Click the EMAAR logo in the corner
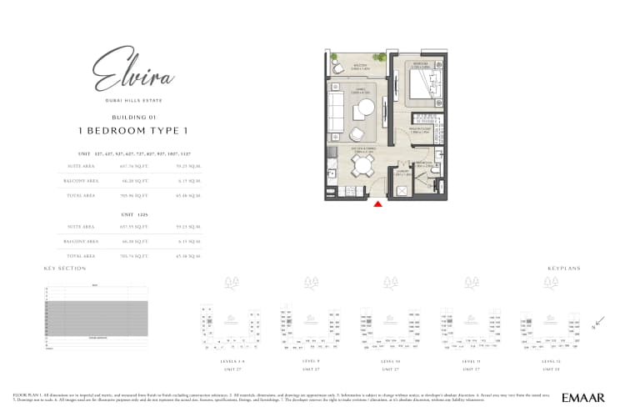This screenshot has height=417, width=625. tap(583, 398)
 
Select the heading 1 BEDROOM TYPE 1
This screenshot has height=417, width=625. tap(133, 131)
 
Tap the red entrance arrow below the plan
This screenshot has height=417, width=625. tap(378, 203)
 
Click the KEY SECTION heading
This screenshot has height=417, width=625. tap(65, 269)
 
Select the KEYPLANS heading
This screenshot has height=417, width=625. tap(563, 269)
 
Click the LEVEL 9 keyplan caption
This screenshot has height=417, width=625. tap(311, 360)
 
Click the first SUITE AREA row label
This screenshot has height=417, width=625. tap(82, 166)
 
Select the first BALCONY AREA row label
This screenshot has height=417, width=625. tap(82, 180)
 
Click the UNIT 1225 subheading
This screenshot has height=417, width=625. tap(133, 214)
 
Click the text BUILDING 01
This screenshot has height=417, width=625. tap(133, 118)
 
